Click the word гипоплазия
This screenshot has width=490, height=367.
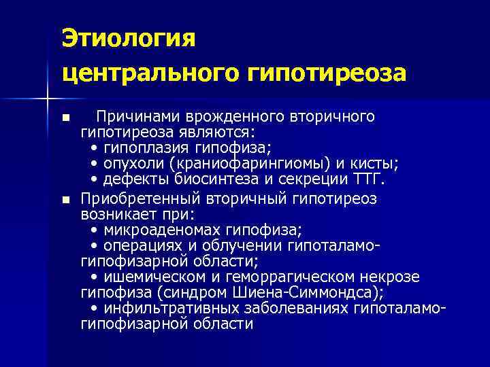pyautogui.click(x=137, y=147)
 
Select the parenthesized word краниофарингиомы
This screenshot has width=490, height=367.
pyautogui.click(x=239, y=163)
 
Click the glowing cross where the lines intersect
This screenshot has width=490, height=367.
pyautogui.click(x=47, y=100)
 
